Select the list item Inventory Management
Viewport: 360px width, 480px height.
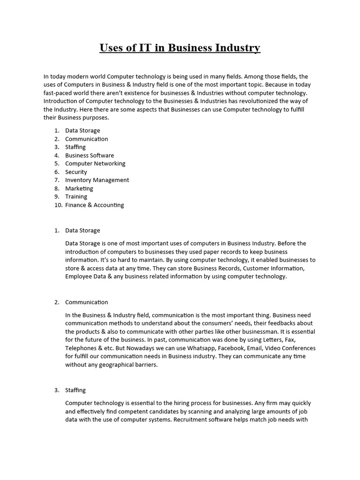point(97,180)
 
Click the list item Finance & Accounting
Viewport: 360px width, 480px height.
point(95,205)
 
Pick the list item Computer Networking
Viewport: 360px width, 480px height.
point(95,164)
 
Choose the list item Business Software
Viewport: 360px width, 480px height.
point(90,155)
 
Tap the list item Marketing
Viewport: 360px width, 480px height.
point(79,188)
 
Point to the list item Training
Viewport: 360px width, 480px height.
point(76,196)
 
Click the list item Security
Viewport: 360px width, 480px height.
point(76,172)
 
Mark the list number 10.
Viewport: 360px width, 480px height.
point(58,205)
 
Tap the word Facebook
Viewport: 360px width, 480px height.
point(231,348)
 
